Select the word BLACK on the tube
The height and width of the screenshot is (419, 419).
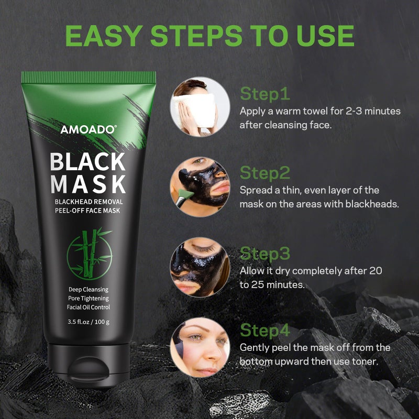click(x=88, y=162)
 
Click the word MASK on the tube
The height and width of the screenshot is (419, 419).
click(x=88, y=184)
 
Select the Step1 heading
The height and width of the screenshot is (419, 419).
click(x=264, y=94)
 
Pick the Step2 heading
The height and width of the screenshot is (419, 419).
click(x=265, y=173)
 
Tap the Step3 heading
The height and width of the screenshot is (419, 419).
click(x=265, y=253)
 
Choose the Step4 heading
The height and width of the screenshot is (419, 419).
click(x=265, y=330)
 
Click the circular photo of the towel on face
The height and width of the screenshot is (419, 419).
click(x=200, y=106)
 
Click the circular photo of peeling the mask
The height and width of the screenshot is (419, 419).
click(x=200, y=347)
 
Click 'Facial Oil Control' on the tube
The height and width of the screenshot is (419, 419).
click(x=89, y=307)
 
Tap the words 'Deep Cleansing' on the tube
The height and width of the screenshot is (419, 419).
click(x=89, y=289)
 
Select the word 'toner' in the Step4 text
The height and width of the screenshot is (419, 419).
click(x=364, y=361)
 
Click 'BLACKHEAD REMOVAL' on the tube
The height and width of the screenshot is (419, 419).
click(x=89, y=202)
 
